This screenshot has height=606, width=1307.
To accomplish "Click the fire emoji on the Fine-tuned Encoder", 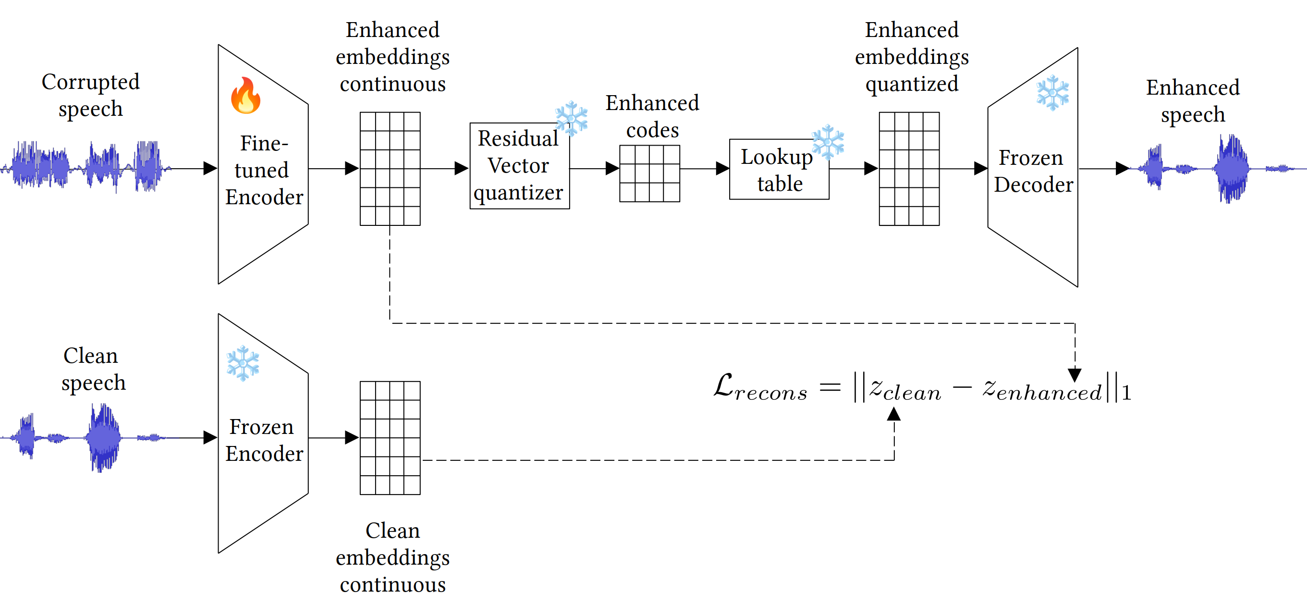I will [245, 96].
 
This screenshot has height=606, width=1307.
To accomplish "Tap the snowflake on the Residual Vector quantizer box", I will [572, 118].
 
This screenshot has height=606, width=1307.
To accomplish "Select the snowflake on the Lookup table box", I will [828, 141].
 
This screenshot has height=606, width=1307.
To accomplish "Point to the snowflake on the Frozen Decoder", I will [1053, 93].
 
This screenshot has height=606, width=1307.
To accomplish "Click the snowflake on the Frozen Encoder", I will [243, 363].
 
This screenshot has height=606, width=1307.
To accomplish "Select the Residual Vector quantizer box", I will [519, 166].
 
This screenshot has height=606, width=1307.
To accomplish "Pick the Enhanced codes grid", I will [650, 173].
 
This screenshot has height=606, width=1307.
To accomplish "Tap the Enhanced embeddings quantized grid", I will [909, 169].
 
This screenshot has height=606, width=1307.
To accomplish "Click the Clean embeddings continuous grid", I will [390, 438].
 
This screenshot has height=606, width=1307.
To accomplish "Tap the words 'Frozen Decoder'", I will [1033, 171].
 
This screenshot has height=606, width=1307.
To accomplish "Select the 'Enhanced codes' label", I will [652, 117].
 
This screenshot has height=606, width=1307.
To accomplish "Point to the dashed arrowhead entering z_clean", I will [893, 414].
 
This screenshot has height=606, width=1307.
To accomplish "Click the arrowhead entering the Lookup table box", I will [722, 169].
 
